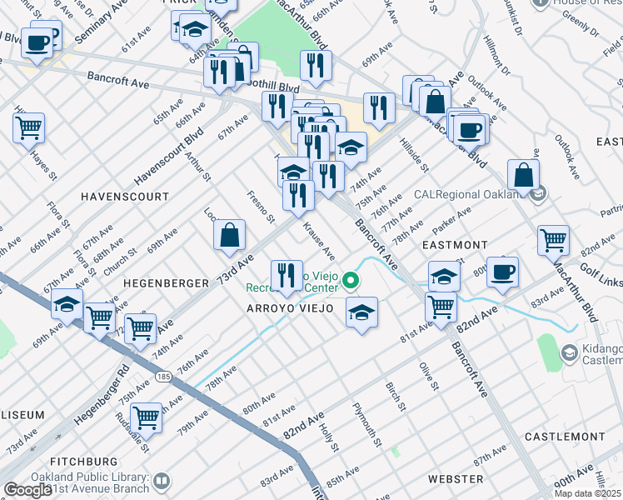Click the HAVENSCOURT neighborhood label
coord(125,197)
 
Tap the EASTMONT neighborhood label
coord(455,245)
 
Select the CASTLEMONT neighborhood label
coord(566,437)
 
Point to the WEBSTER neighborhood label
coord(455,479)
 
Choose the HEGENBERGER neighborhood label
coord(166,283)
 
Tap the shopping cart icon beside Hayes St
coord(28,127)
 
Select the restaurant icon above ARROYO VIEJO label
coord(286,274)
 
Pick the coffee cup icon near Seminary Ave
coord(37,42)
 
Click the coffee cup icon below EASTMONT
coord(502,272)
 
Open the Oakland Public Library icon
coord(161,481)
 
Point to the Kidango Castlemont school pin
coord(569,352)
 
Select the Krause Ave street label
coord(318,240)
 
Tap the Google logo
coord(27,490)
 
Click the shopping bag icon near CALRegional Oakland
coord(522,175)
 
